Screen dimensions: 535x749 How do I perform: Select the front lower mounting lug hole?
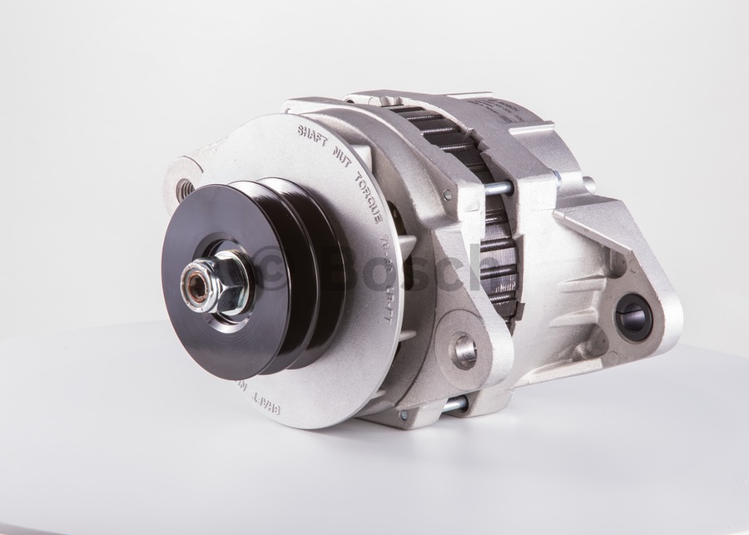[x=464, y=349]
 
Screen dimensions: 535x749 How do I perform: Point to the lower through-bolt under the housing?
[x=454, y=405]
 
